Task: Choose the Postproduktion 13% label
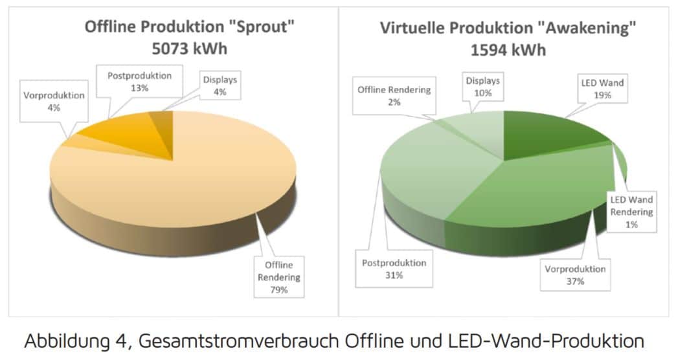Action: coord(139,82)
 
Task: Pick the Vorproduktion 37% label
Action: coord(575,275)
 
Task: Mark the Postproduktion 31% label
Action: coord(394,269)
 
